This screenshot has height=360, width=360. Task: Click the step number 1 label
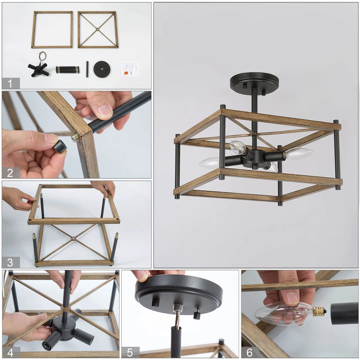(10, 84)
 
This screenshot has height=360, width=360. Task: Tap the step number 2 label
(10, 173)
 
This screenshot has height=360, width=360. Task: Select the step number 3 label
(10, 262)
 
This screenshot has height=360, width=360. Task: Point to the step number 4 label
(10, 352)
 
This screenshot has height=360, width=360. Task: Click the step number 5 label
(130, 352)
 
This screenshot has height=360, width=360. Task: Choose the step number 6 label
(250, 352)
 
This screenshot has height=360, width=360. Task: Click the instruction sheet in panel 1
(129, 69)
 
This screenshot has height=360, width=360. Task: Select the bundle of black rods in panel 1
(68, 70)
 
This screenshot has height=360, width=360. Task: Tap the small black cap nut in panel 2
(60, 147)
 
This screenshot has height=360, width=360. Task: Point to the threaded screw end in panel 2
(76, 138)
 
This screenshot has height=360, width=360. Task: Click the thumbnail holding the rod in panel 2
(105, 112)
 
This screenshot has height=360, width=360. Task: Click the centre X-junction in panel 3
(73, 239)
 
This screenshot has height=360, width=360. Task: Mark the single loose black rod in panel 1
(87, 69)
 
